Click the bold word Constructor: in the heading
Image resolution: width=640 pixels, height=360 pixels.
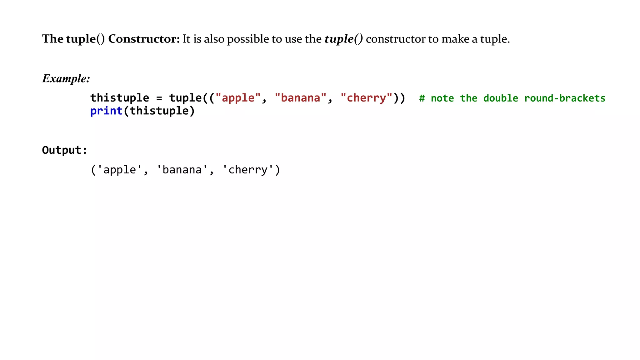144,39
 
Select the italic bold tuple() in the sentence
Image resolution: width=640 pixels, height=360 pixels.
343,39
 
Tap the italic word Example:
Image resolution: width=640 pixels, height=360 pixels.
66,78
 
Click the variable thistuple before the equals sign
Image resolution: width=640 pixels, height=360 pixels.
120,98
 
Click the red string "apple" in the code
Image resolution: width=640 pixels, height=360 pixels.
238,98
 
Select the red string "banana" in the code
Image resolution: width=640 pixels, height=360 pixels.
301,98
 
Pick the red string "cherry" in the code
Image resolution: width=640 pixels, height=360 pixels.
366,98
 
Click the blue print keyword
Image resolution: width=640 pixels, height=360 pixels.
106,111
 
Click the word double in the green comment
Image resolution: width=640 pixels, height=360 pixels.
501,98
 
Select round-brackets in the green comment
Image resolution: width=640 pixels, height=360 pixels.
565,98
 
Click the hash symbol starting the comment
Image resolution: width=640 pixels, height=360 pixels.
422,98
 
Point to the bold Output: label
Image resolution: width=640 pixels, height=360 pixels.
64,150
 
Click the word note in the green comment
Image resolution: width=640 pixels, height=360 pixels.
442,98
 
